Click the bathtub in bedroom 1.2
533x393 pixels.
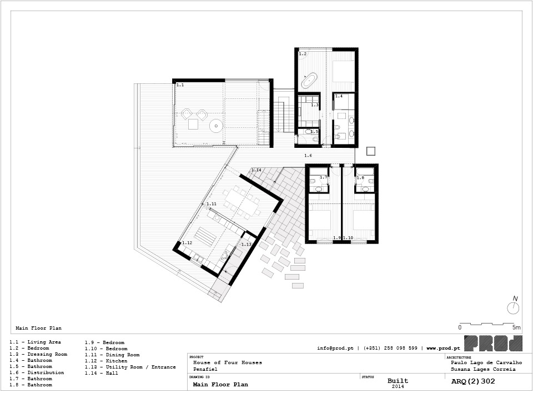309,81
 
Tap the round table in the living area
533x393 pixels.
216,126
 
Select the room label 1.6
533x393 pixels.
308,156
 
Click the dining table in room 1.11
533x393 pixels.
242,202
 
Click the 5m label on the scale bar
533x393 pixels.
516,327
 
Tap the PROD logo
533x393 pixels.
493,344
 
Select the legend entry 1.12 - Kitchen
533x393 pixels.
106,361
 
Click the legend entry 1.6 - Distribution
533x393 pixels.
37,372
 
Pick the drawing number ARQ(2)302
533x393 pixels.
473,381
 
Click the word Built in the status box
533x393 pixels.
398,381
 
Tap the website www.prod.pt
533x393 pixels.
443,348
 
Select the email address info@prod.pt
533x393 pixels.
335,348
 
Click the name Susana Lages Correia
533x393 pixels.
483,369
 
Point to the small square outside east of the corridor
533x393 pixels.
370,151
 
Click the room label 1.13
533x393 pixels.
246,245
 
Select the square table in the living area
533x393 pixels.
193,124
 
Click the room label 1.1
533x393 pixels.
180,84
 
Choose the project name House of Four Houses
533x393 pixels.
228,363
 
